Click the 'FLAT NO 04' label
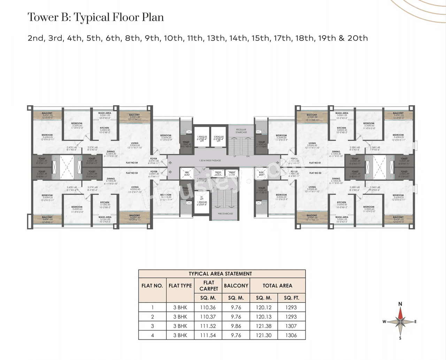click(x=132, y=163)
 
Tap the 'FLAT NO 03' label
click(x=132, y=173)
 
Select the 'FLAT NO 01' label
click(x=315, y=163)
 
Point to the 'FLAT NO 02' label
click(x=315, y=173)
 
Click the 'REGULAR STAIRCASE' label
click(x=241, y=131)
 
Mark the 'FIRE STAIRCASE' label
click(x=225, y=214)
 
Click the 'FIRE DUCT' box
click(x=187, y=174)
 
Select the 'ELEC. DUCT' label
click(x=262, y=174)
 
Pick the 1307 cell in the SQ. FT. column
click(x=291, y=326)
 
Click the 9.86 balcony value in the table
click(x=236, y=326)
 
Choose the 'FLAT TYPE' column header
click(x=180, y=286)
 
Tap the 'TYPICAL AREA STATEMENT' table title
click(x=220, y=274)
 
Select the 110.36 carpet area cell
click(x=208, y=307)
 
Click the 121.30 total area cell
click(x=264, y=335)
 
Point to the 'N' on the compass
click(x=400, y=304)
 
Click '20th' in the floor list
click(x=357, y=38)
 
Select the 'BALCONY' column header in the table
click(x=236, y=286)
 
